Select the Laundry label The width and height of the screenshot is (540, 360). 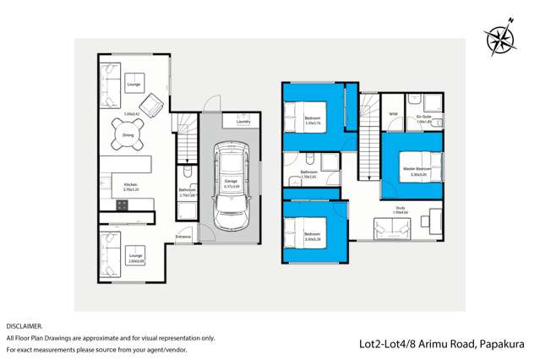(243, 121)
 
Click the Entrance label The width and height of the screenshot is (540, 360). (183, 237)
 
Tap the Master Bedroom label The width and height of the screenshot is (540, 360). (417, 169)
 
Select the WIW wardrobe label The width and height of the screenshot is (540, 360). (393, 114)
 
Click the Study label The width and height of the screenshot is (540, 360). (401, 207)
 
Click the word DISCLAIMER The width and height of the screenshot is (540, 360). (24, 325)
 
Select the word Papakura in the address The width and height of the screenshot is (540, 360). (504, 344)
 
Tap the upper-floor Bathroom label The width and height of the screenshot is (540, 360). (308, 172)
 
